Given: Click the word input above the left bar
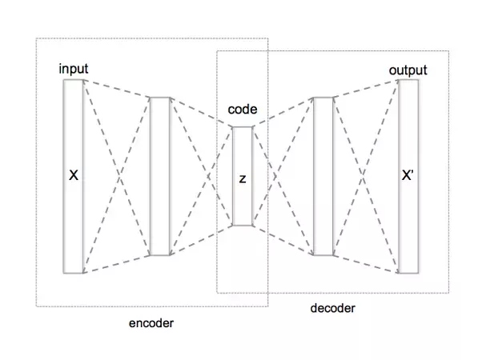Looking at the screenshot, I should (74, 70).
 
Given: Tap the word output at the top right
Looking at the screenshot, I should (408, 70).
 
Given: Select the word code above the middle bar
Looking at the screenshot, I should (243, 110).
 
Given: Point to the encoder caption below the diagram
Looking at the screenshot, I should (151, 323).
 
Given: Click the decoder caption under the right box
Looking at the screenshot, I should (331, 307).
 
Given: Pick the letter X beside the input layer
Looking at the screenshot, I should (74, 174).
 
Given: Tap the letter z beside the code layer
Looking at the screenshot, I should (242, 178).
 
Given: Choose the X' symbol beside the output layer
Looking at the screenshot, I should (407, 174).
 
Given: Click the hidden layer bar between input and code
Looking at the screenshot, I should (160, 176).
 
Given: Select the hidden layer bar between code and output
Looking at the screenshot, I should (322, 176).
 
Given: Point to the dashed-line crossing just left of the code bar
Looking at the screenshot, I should (201, 176).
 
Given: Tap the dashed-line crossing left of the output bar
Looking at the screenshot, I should (365, 176).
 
